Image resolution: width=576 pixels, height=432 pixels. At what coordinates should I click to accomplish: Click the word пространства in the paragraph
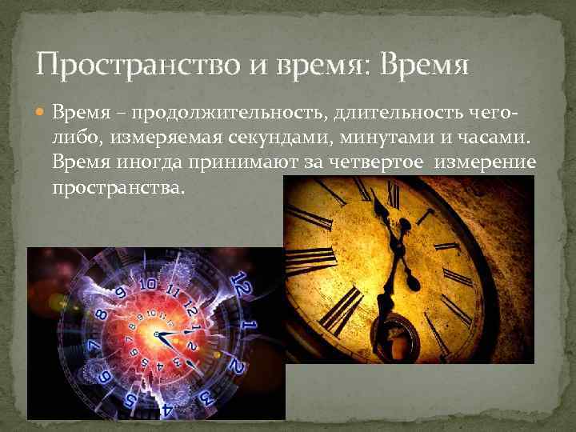(x=117, y=187)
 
